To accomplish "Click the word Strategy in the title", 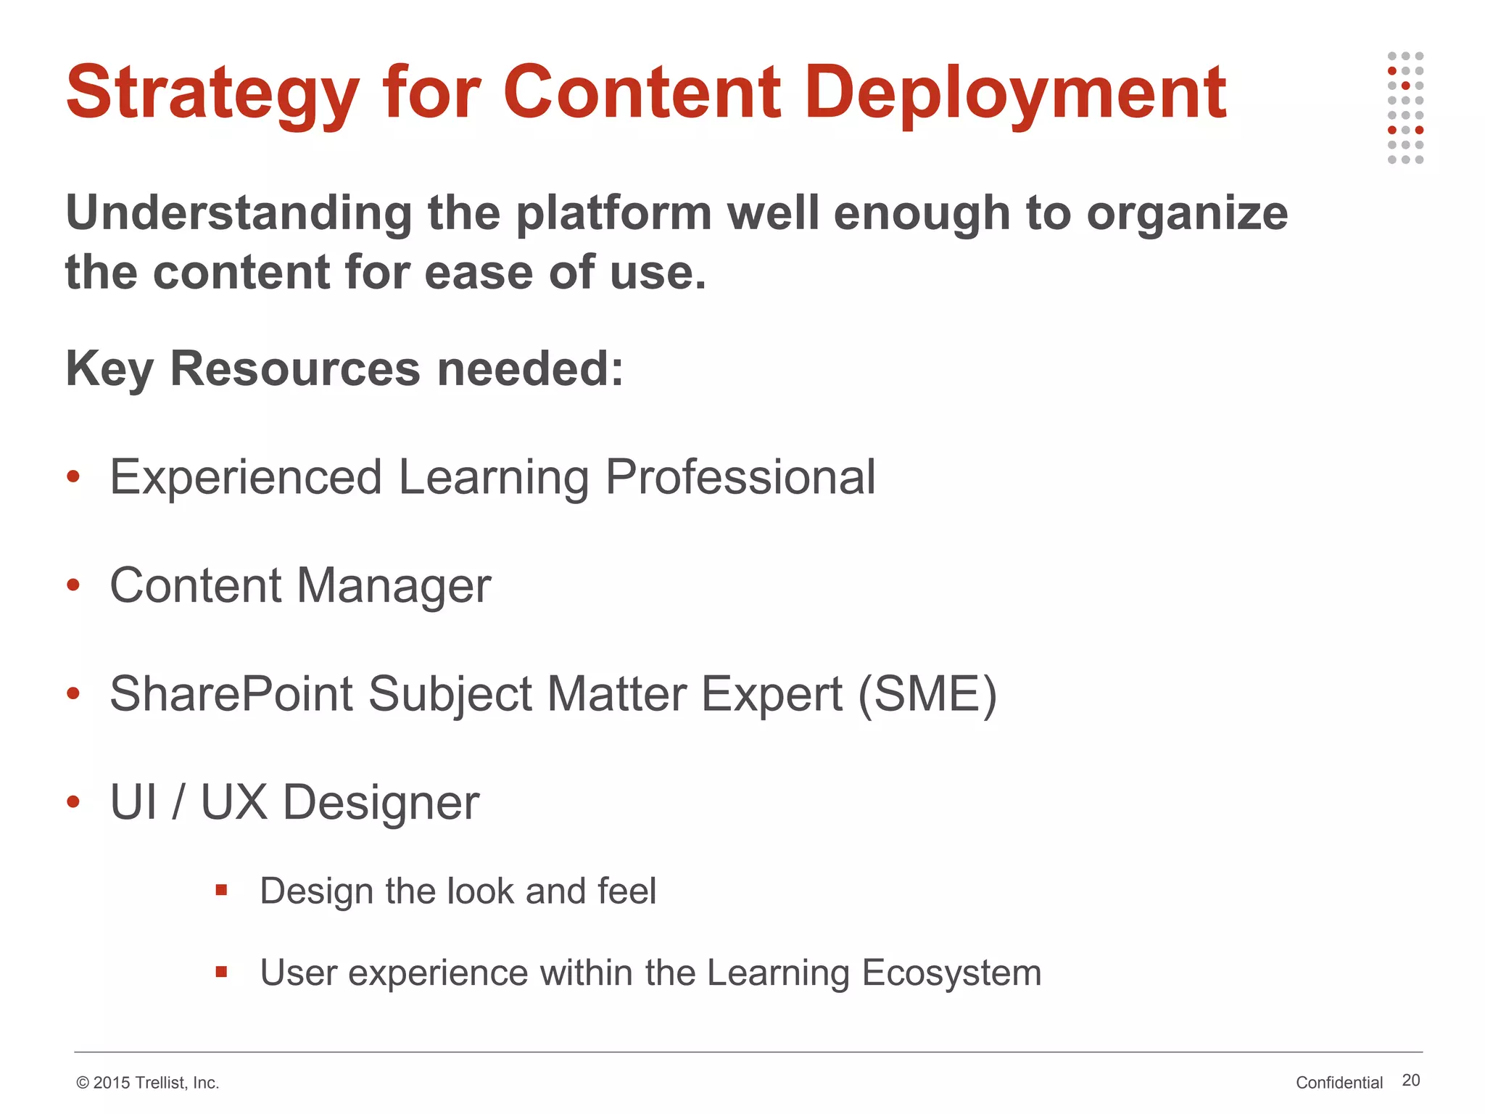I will (212, 94).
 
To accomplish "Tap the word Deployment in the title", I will (1015, 94).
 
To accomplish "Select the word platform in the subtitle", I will (613, 215).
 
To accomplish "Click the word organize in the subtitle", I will (1187, 215).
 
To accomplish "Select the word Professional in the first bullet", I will (740, 478).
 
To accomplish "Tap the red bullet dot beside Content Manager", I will (73, 585).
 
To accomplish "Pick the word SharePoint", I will (231, 695).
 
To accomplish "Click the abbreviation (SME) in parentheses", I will (927, 695).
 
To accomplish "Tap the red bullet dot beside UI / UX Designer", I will (73, 801).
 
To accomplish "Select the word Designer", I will (381, 804).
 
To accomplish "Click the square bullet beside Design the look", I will (222, 890).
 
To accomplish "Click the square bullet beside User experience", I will (222, 972).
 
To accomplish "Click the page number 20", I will (1410, 1080).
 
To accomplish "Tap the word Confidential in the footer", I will (1339, 1083).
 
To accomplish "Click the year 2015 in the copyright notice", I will (112, 1083).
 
